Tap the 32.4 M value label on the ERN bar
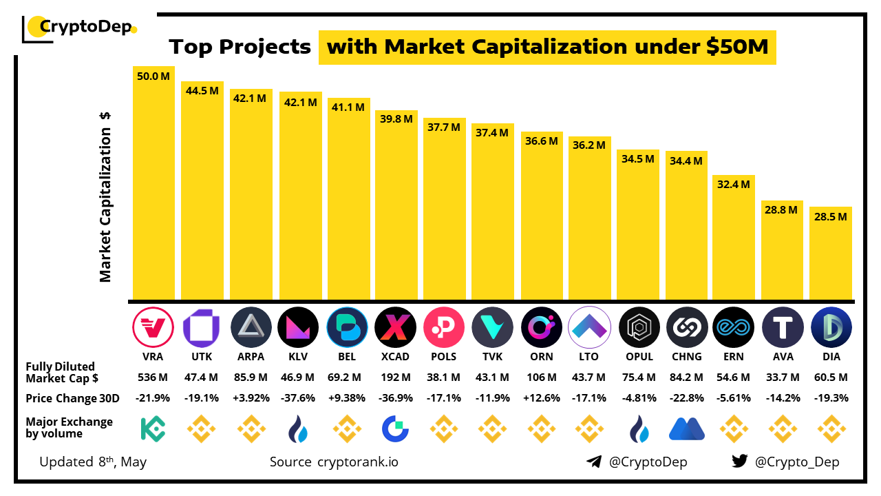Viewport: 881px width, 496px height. pyautogui.click(x=733, y=185)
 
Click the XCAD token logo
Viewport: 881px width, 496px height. pyautogui.click(x=395, y=327)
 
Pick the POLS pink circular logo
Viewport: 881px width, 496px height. pyautogui.click(x=444, y=327)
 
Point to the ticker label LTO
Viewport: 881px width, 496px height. pyautogui.click(x=589, y=357)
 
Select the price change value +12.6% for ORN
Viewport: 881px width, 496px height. pyautogui.click(x=542, y=398)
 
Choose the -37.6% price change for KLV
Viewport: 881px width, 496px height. pyautogui.click(x=298, y=398)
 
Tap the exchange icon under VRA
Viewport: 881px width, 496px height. pyautogui.click(x=153, y=428)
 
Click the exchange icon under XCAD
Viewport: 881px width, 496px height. pyautogui.click(x=395, y=428)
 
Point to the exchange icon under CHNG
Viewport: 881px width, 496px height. pyautogui.click(x=686, y=428)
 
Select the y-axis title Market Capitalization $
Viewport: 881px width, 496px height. pyautogui.click(x=105, y=197)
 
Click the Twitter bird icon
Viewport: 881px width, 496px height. pyautogui.click(x=740, y=462)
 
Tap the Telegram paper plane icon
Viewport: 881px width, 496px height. pyautogui.click(x=594, y=462)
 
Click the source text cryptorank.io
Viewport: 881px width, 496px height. pyautogui.click(x=357, y=462)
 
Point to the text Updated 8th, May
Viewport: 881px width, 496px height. pyautogui.click(x=93, y=462)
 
